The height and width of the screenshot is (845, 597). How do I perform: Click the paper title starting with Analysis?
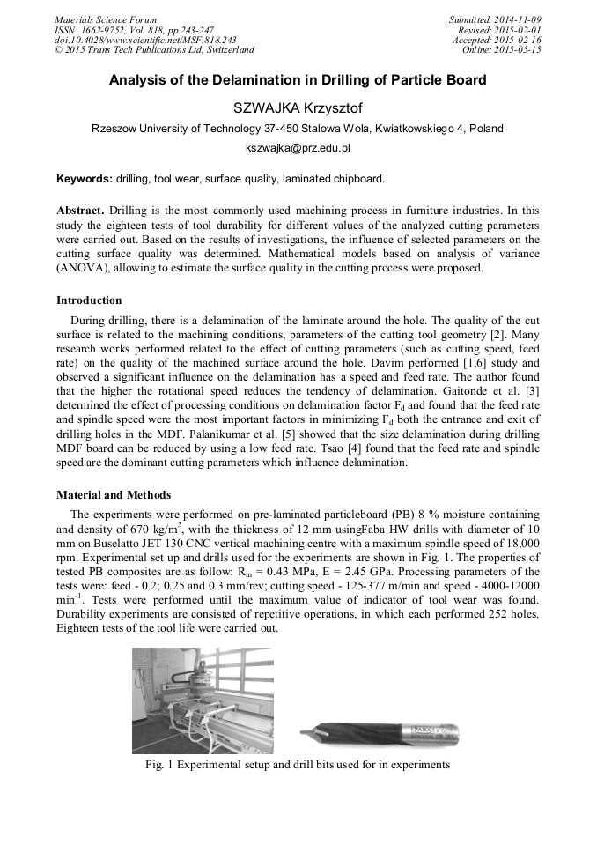(x=298, y=80)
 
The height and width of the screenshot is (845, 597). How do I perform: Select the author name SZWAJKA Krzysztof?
(x=298, y=108)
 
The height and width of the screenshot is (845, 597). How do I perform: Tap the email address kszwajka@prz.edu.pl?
(x=298, y=149)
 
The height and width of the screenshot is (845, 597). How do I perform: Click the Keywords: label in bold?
(x=85, y=179)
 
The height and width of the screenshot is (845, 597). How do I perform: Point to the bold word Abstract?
(x=80, y=211)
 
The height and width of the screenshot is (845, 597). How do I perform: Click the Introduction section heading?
(x=89, y=300)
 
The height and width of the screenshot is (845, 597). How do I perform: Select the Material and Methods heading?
(x=114, y=494)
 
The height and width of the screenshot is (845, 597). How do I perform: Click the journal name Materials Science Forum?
(x=106, y=19)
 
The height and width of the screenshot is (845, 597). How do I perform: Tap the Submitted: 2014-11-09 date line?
(x=495, y=19)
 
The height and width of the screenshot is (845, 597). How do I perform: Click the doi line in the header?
(x=145, y=40)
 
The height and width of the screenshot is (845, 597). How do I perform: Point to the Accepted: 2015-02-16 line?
(x=497, y=40)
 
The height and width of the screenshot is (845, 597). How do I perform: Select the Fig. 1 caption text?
(x=298, y=765)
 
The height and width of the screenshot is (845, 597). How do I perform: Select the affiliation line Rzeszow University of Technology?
(x=298, y=129)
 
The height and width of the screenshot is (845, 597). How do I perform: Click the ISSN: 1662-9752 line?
(x=134, y=29)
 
